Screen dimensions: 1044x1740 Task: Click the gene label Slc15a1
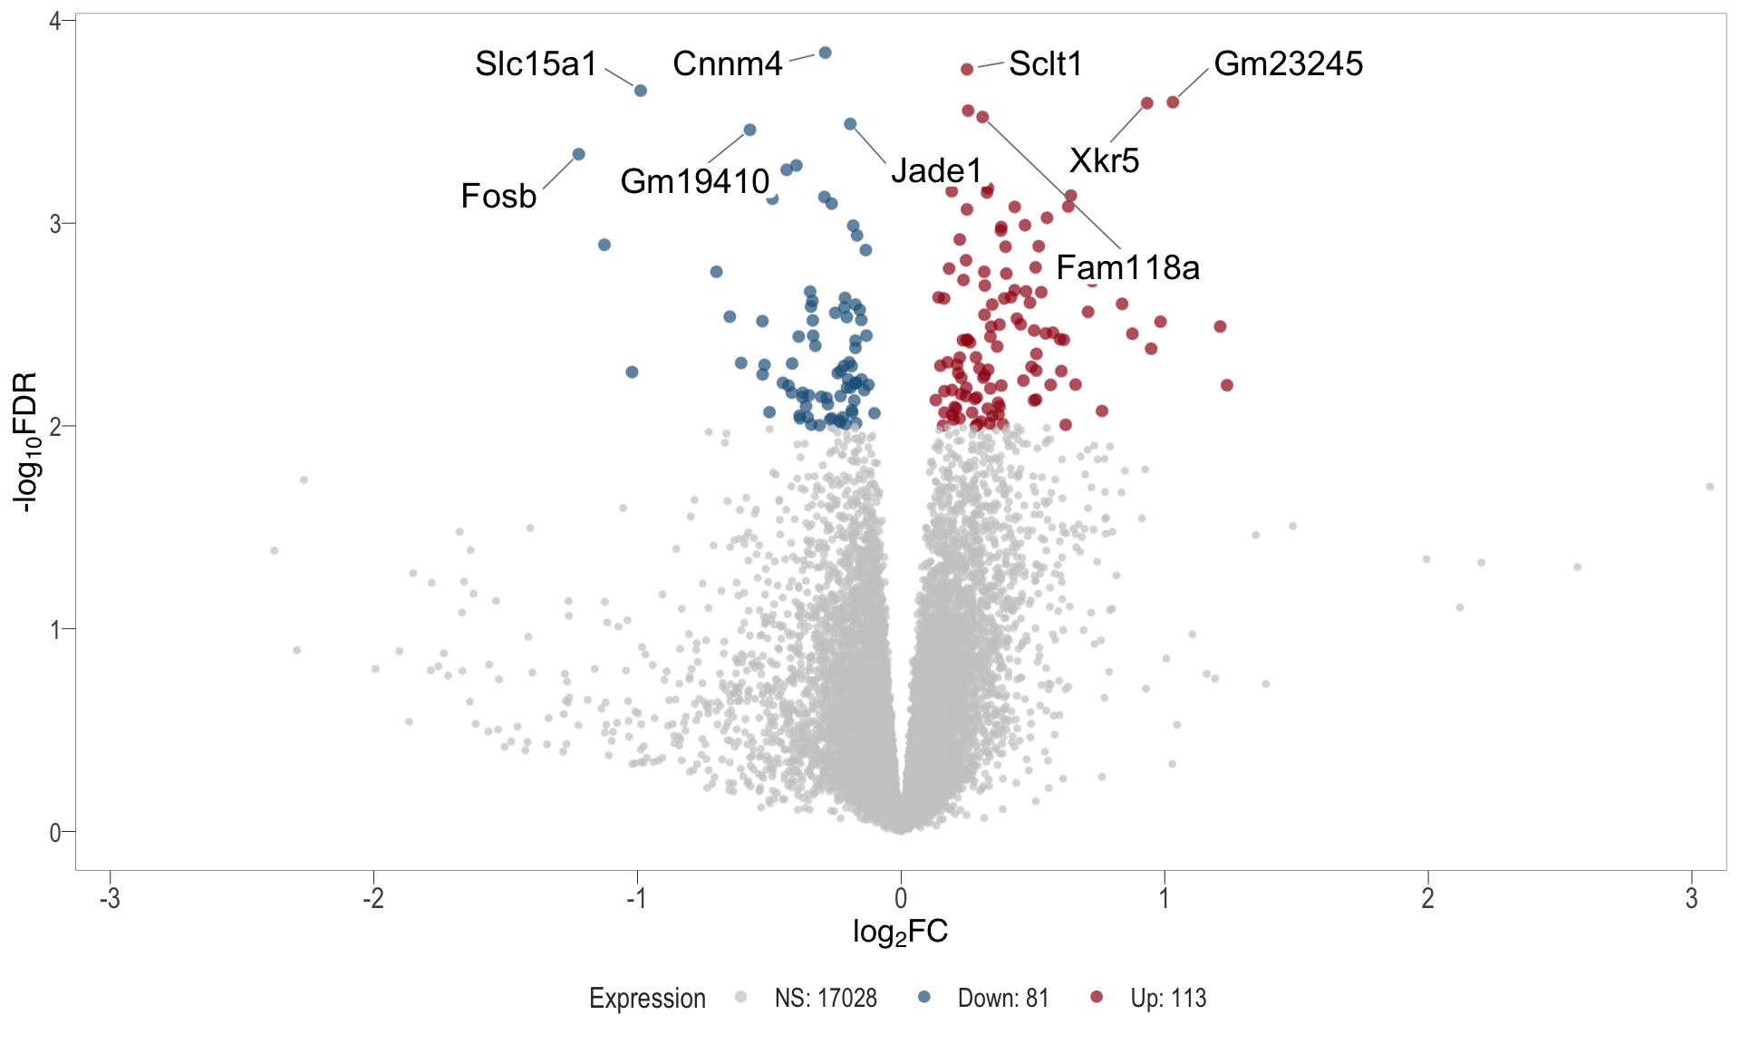536,64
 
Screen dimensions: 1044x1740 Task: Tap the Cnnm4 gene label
727,64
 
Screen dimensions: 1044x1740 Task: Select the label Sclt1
1045,64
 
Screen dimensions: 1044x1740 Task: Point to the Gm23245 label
1288,64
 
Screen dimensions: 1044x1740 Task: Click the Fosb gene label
498,196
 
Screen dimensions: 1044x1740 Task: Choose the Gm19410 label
694,181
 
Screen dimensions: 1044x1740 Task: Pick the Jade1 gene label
936,170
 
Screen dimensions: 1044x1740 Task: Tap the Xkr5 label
1104,160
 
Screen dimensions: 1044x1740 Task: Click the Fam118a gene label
1127,267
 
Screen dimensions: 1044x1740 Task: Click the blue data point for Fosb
578,154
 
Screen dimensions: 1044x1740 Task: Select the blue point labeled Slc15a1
640,91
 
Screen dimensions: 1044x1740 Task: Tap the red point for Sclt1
967,69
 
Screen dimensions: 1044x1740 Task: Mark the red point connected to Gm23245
1173,102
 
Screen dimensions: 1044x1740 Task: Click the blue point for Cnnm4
825,53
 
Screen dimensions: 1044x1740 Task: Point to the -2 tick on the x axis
373,898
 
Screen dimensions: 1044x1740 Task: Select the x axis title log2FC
900,932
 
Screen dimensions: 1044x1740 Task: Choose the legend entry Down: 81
1002,998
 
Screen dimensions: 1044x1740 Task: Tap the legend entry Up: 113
1167,998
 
